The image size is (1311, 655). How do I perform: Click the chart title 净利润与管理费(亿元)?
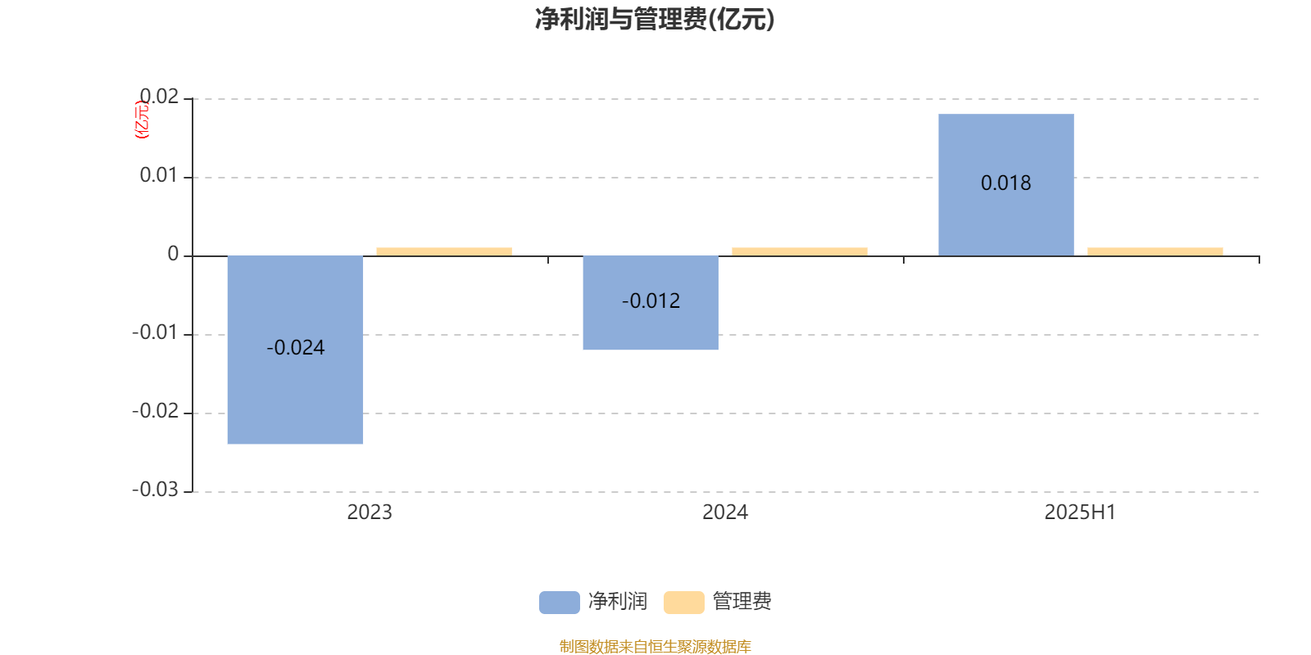(655, 20)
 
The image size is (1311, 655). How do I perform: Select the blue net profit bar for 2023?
(295, 350)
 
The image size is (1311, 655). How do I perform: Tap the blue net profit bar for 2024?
(651, 303)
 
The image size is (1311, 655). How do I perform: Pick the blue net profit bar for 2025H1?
(1006, 185)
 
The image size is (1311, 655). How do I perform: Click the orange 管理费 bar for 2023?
(444, 252)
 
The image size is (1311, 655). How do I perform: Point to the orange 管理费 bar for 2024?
(800, 252)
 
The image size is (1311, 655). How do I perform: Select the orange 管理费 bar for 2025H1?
(1155, 252)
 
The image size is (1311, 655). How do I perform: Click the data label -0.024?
(296, 348)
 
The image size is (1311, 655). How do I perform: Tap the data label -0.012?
(651, 301)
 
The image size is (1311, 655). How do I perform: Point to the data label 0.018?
(1006, 183)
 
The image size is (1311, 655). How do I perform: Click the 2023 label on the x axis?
(370, 513)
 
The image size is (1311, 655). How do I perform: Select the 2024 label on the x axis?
(725, 513)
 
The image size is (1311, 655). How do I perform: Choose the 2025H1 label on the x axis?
(1081, 513)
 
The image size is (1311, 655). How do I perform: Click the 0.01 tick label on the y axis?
(159, 175)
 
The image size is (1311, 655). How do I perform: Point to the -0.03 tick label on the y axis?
(155, 490)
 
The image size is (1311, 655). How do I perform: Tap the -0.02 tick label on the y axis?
(155, 411)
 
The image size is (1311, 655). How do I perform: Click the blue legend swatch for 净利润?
(560, 603)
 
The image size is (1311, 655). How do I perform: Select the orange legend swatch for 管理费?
(683, 603)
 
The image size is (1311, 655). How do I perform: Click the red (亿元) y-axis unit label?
(143, 120)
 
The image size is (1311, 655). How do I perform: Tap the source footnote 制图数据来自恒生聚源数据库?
(655, 646)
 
